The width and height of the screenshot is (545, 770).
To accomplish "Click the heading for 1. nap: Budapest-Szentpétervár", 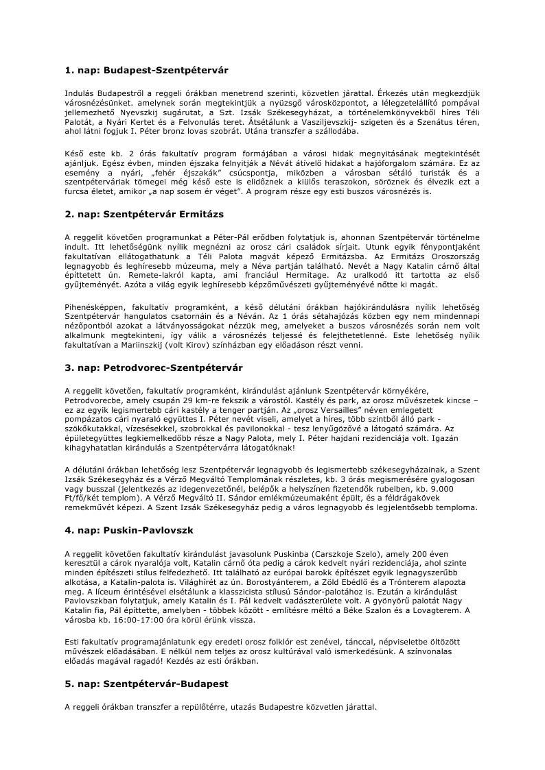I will coord(146,70).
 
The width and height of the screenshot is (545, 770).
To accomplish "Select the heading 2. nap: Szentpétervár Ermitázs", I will coord(144,214).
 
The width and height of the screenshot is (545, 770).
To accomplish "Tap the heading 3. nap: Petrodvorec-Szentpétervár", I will coord(154,368).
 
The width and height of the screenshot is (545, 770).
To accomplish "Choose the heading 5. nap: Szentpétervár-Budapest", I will coord(146,684).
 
